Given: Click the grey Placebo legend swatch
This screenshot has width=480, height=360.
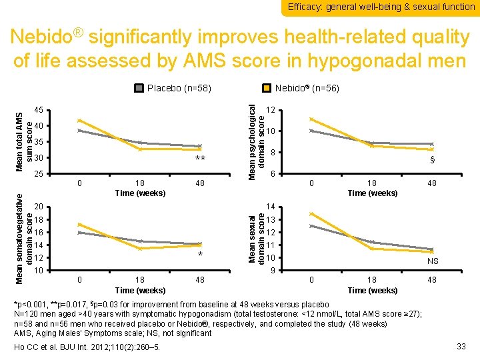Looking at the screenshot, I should [x=139, y=87].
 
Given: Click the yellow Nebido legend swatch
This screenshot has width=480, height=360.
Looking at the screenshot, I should [x=266, y=87].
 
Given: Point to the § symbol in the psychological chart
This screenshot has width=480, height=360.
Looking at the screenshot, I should [x=432, y=160].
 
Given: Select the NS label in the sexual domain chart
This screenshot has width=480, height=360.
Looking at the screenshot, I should [x=432, y=262].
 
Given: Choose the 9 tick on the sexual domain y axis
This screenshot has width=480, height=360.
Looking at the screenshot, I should [x=274, y=270].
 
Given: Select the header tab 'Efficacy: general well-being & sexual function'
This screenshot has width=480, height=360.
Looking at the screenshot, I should [x=381, y=7].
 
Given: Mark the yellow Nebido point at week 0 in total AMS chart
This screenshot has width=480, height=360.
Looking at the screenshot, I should [x=79, y=121].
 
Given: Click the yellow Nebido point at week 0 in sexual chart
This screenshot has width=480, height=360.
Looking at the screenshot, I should [x=311, y=214].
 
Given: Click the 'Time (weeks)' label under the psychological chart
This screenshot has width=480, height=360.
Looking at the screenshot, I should [x=372, y=193].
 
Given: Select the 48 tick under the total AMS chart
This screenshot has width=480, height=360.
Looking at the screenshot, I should [x=199, y=183].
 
